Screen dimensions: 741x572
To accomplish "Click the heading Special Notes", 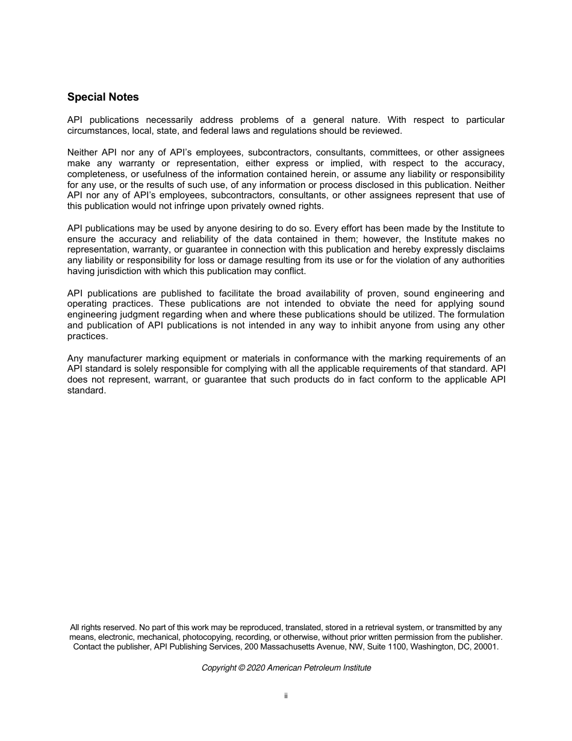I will pyautogui.click(x=103, y=97).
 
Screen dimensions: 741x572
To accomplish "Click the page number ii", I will pyautogui.click(x=286, y=696).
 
